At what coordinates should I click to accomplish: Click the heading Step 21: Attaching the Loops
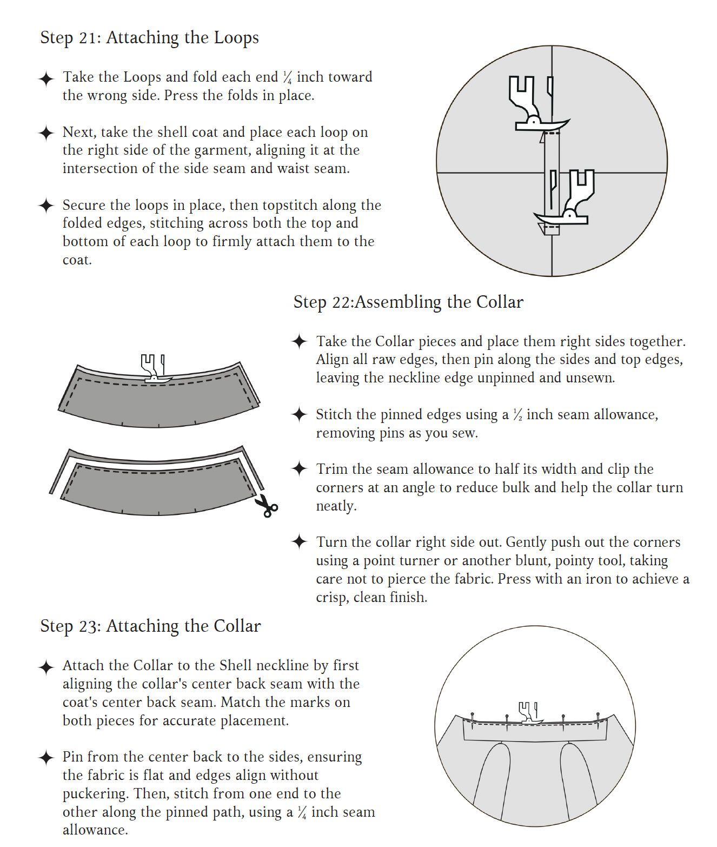pos(149,38)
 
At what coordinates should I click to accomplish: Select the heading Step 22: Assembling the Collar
pos(408,302)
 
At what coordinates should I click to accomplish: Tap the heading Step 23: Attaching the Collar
pos(150,626)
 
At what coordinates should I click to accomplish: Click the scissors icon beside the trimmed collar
pos(266,506)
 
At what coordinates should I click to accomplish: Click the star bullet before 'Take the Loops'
pos(47,78)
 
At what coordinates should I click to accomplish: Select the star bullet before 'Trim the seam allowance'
pos(300,469)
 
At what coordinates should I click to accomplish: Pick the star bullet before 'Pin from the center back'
pos(47,757)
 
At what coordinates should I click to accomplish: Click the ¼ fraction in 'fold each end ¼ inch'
pos(287,77)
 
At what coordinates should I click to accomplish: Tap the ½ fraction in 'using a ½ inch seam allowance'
pos(517,415)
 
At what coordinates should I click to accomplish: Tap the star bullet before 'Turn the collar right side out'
pos(300,542)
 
